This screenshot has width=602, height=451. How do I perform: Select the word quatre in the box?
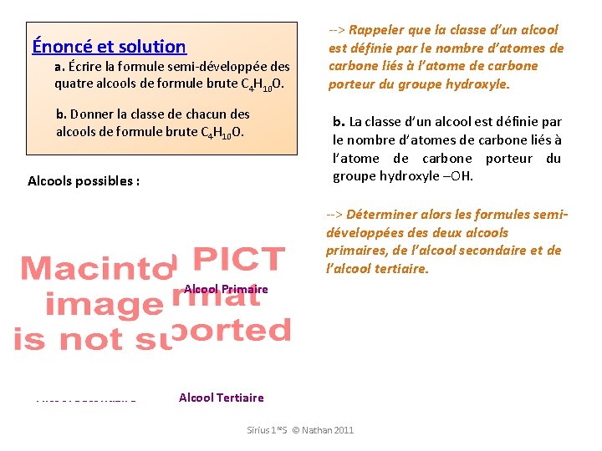[73, 84]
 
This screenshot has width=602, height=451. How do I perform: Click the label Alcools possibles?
[83, 180]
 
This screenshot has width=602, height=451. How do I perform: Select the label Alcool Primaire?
[226, 289]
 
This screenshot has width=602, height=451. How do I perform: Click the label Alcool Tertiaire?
[221, 398]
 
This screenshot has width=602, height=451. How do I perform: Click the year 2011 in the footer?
[343, 430]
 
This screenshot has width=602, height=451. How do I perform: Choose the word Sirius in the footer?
[259, 430]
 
